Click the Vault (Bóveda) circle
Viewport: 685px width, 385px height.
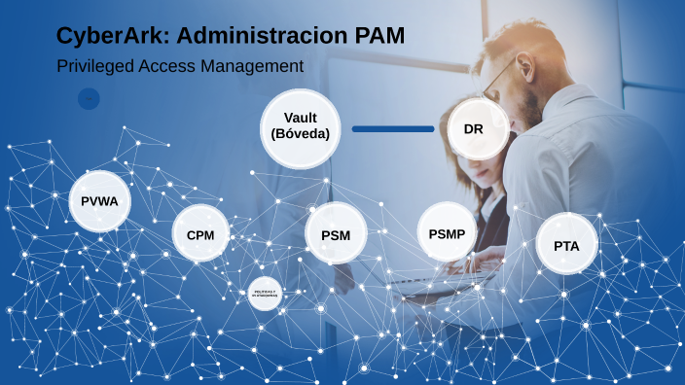[x=301, y=125]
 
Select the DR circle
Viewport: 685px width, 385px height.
[x=474, y=127]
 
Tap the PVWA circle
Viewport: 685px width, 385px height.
[x=100, y=201]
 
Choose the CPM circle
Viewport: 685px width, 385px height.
[x=200, y=234]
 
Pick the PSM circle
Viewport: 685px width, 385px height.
[x=335, y=234]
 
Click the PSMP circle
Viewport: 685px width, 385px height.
[x=447, y=232]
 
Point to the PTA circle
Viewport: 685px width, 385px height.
[x=566, y=245]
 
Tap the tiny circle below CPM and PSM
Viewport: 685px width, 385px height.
[x=265, y=294]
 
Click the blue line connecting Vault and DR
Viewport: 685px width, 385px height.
[x=393, y=128]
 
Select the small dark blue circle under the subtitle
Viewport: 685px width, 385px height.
[x=89, y=99]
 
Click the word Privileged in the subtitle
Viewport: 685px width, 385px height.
[x=93, y=66]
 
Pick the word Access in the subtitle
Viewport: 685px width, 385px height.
[x=168, y=66]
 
